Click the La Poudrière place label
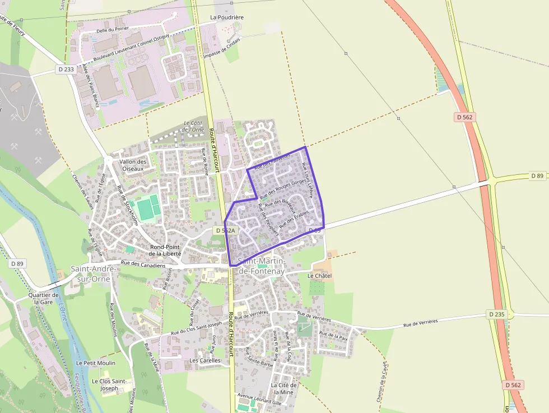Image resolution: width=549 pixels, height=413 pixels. [227, 17]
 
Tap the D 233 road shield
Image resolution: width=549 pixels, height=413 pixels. [66, 69]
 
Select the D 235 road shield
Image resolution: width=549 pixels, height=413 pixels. [496, 314]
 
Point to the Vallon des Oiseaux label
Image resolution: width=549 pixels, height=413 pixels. [133, 165]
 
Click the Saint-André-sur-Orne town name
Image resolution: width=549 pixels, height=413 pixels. [94, 273]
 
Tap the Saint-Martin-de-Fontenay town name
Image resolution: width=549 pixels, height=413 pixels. [262, 266]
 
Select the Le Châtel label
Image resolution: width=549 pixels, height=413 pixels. [319, 276]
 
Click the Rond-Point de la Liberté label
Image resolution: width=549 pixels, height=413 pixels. [165, 250]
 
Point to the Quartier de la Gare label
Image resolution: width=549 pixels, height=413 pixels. [44, 298]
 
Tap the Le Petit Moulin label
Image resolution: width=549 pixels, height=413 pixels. [96, 363]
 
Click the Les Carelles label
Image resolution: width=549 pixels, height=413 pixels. [205, 360]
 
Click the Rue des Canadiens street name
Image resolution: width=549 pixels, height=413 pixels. [143, 264]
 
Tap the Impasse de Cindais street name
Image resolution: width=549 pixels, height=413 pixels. [222, 48]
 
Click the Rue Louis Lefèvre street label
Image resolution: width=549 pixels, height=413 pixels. [308, 178]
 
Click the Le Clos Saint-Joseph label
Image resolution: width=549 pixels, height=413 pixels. [109, 384]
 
